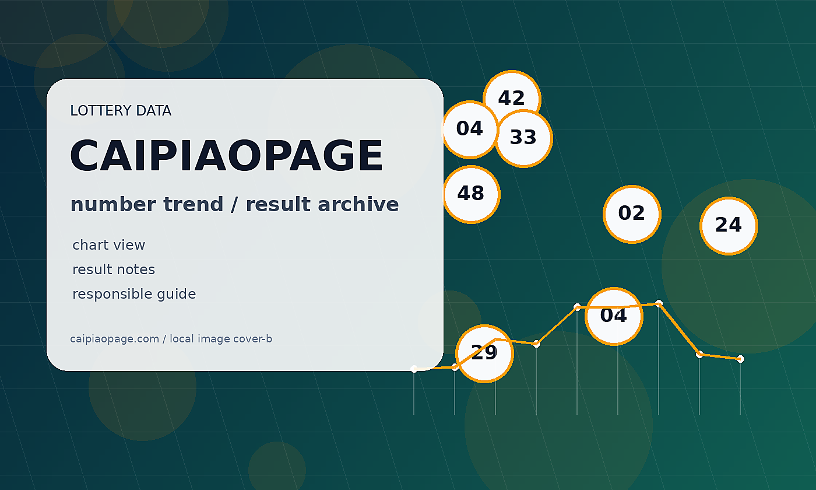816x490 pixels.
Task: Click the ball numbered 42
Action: click(512, 99)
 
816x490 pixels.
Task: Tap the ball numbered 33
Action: click(523, 138)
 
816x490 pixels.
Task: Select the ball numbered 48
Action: click(471, 194)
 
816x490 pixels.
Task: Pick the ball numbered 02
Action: click(632, 214)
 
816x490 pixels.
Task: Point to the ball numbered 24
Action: click(729, 226)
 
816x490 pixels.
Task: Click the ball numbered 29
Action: click(484, 353)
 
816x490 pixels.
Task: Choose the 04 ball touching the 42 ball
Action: click(470, 129)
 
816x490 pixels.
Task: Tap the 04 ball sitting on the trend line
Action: click(614, 316)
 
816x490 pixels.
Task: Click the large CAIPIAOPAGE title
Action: click(226, 155)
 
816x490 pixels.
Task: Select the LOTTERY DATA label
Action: click(121, 110)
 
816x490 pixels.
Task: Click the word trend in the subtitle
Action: click(193, 204)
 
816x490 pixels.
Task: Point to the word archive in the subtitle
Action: click(358, 204)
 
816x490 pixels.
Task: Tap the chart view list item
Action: click(108, 244)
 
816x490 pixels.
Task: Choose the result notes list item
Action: click(114, 269)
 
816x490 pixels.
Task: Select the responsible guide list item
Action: click(134, 294)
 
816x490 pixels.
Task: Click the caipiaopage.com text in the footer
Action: click(114, 339)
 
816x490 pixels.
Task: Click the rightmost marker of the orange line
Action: click(740, 359)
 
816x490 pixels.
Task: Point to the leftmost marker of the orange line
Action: click(414, 369)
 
